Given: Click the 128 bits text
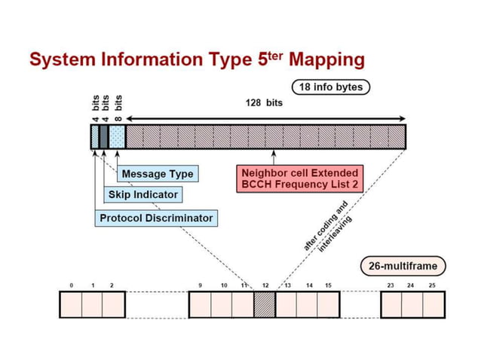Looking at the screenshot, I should pyautogui.click(x=264, y=102).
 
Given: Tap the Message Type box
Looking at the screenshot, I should pyautogui.click(x=157, y=174).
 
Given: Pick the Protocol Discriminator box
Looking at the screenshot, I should pyautogui.click(x=156, y=218).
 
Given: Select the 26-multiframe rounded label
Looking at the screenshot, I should pyautogui.click(x=397, y=266).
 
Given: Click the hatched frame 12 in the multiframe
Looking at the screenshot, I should pyautogui.click(x=265, y=304).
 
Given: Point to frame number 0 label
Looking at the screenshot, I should pyautogui.click(x=70, y=286).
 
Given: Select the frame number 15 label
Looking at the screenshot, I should pyautogui.click(x=328, y=286).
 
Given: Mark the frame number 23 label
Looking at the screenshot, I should pyautogui.click(x=390, y=286).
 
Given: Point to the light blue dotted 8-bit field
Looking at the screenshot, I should pyautogui.click(x=117, y=136).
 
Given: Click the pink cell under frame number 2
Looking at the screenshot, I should pyautogui.click(x=112, y=304).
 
